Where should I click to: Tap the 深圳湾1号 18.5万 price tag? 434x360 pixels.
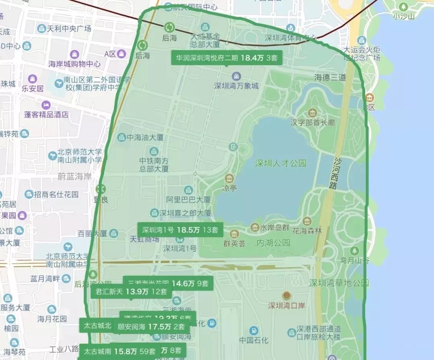180,230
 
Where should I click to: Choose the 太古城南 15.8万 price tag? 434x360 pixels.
119,351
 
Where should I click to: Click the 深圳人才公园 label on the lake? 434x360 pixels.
280,163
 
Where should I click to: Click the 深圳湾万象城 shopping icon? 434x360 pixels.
236,76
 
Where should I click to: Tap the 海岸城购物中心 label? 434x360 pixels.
74,64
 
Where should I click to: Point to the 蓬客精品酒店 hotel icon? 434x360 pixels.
46,105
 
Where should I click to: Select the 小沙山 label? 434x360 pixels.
403,16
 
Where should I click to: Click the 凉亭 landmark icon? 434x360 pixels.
229,178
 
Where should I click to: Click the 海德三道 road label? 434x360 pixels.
330,78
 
